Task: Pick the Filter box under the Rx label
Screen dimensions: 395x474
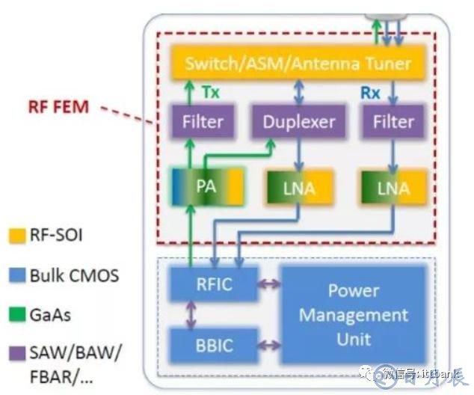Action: coord(393,120)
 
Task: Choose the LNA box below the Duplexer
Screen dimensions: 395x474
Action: coord(297,187)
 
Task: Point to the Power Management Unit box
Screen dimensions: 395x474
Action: coord(354,314)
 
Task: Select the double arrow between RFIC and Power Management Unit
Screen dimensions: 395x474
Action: coord(267,284)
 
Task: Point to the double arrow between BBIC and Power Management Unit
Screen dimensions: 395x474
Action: coord(267,346)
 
